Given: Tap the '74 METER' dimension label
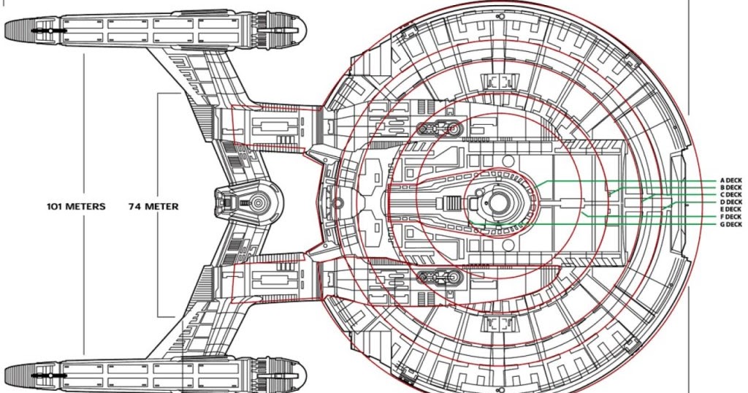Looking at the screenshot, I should pos(154,207).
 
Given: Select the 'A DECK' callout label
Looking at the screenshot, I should pos(730,180).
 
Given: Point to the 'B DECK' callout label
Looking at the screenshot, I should pos(730,187).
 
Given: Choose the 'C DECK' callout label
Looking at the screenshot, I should pos(730,194).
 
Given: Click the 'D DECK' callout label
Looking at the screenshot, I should pos(730,202).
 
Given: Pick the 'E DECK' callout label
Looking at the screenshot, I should pos(730,210).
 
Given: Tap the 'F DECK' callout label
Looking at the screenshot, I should pos(730,217).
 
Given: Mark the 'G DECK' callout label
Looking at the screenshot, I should pos(730,225).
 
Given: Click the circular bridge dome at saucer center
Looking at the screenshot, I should pos(501,202).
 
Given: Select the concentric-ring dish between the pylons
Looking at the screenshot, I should pos(257,202).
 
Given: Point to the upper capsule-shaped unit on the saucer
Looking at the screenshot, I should pos(438,129).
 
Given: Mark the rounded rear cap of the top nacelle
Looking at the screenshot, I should pos(288,30).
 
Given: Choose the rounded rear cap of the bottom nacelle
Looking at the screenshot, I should pos(288,374).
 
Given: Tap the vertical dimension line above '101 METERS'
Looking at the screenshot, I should pos(85,124).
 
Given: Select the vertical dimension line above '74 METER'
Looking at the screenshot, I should pos(159,146).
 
